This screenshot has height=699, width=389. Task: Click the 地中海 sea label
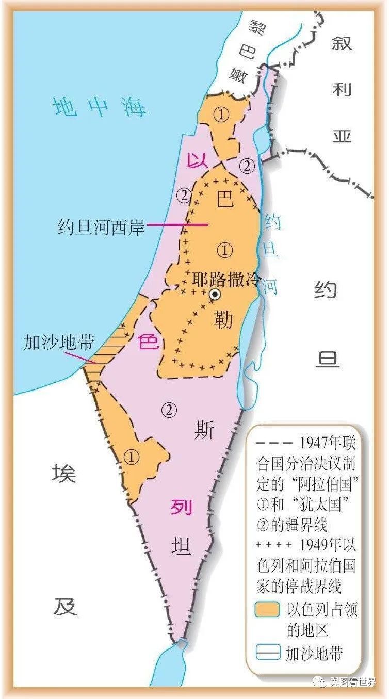point(100,107)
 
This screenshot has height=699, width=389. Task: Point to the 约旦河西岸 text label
point(102,227)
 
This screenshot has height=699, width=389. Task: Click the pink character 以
point(196,160)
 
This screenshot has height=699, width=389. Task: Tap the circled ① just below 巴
point(225,251)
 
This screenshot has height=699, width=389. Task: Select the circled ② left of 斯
point(169,410)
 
